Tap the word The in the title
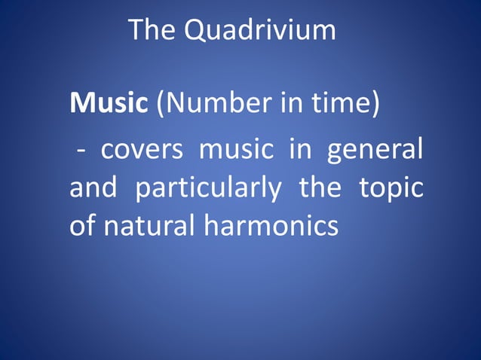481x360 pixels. point(152,30)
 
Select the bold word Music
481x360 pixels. point(109,103)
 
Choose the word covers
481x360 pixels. point(142,149)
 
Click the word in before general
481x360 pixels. point(299,149)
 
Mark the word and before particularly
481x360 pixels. point(93,187)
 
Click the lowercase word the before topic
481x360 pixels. point(320,187)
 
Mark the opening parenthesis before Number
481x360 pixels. point(160,104)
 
